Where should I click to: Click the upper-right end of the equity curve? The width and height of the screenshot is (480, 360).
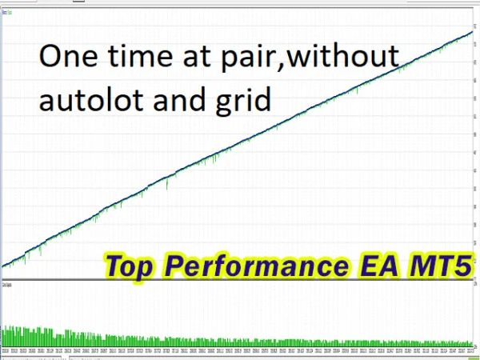pos(471,32)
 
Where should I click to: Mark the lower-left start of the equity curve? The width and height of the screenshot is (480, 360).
pos(4,265)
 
